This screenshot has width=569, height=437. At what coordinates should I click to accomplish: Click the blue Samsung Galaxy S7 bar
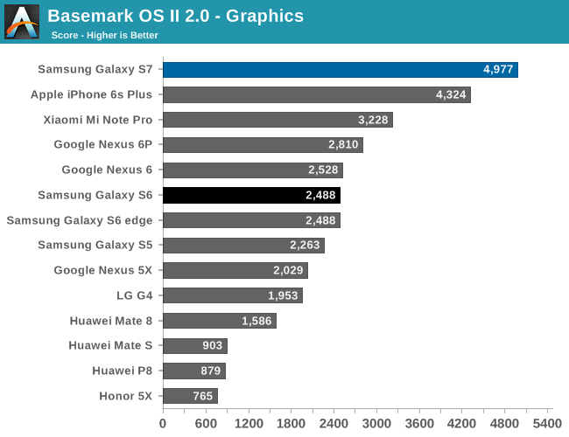point(340,70)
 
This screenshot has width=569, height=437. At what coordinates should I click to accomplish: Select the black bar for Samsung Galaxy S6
point(251,195)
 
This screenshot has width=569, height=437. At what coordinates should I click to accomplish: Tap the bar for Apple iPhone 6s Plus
point(316,94)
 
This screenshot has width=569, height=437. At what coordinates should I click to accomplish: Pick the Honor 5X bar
point(190,396)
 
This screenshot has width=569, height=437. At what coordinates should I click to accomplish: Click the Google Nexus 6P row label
point(103,145)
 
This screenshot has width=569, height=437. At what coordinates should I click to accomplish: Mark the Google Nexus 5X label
point(103,270)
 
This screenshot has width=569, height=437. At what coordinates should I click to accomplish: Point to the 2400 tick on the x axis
point(334,423)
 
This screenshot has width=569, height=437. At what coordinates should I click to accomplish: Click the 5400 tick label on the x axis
point(549,423)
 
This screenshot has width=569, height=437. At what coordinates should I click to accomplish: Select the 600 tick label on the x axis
point(206,423)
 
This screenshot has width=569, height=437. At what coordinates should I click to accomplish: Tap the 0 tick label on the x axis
point(163,423)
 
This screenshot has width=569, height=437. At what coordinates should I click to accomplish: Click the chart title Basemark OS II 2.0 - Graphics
point(176,16)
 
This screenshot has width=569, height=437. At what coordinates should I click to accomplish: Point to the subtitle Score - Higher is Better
point(104,35)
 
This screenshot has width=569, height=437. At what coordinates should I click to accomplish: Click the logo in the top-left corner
point(22,22)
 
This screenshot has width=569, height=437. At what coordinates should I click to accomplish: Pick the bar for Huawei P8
point(194,371)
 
